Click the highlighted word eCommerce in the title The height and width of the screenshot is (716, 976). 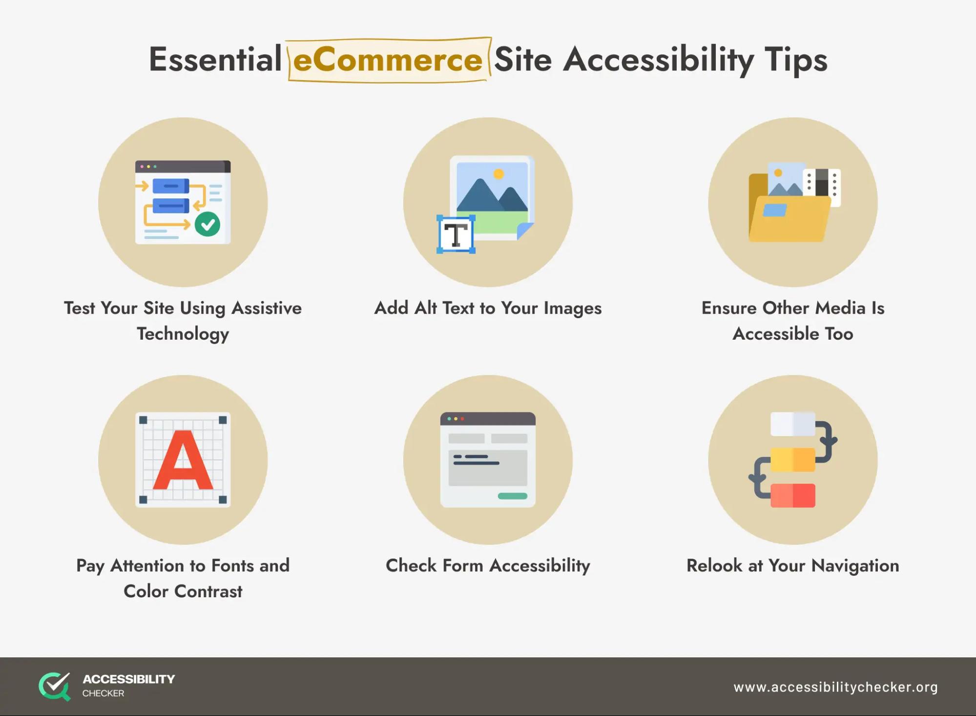click(x=388, y=60)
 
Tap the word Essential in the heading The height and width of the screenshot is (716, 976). click(x=215, y=60)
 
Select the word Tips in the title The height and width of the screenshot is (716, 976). click(x=796, y=61)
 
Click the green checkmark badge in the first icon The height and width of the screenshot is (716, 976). click(x=208, y=224)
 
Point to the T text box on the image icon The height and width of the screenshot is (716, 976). click(x=456, y=235)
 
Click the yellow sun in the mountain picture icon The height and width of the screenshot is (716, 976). click(x=498, y=174)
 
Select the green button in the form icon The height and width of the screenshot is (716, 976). click(x=512, y=496)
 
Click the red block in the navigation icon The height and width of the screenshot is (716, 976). click(x=793, y=496)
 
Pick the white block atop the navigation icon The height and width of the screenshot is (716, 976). click(x=793, y=424)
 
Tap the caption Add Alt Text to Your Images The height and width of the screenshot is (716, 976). click(x=488, y=308)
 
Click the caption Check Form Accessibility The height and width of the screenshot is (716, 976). click(x=488, y=566)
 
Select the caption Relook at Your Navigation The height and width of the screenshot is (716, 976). click(x=793, y=566)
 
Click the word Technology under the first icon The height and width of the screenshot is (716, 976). click(x=183, y=334)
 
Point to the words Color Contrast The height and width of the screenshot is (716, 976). click(x=183, y=591)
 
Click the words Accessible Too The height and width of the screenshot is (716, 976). click(x=793, y=334)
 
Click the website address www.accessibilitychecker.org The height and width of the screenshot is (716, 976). click(x=835, y=687)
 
